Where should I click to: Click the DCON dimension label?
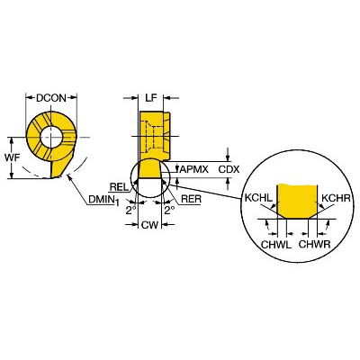click(x=51, y=98)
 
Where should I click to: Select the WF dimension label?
click(x=12, y=157)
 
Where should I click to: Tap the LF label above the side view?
click(x=151, y=98)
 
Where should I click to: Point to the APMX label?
click(x=194, y=169)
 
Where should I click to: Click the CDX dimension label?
click(x=229, y=169)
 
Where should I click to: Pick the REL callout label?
click(x=119, y=187)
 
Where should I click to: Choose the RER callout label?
click(x=192, y=199)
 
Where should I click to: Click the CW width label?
click(x=149, y=225)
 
